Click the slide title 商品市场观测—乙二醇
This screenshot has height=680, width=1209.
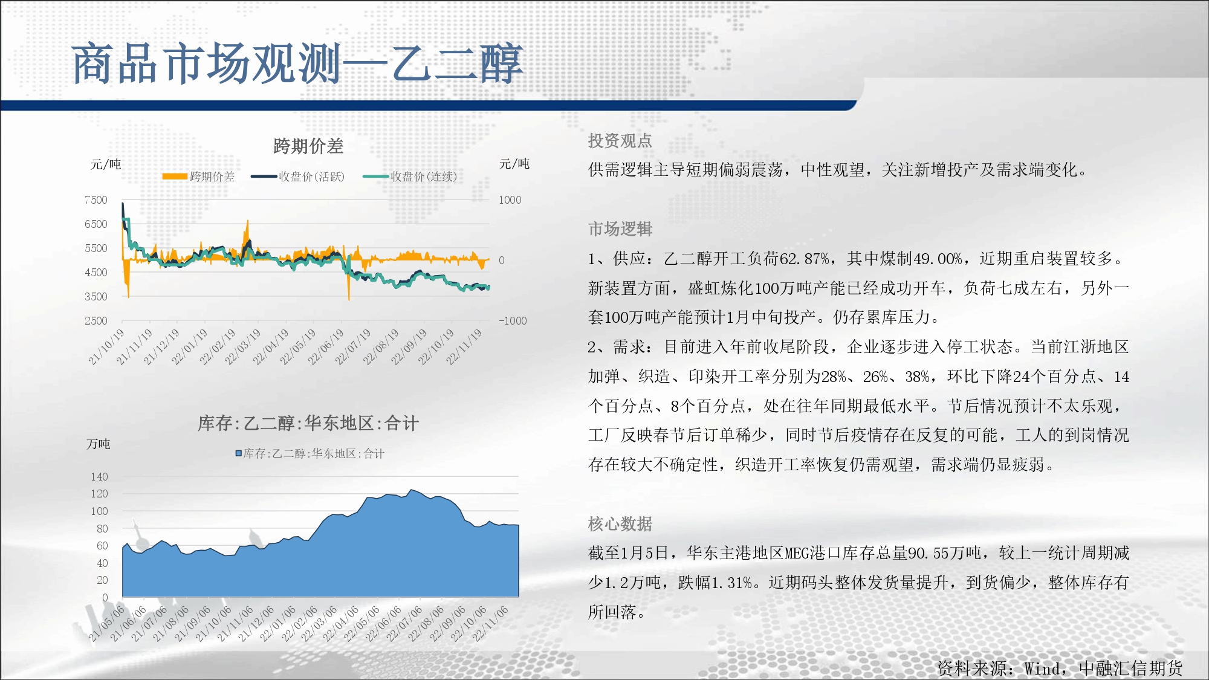[x=297, y=63]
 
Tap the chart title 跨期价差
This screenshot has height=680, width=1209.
[x=308, y=146]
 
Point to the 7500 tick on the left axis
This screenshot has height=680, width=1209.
[x=96, y=200]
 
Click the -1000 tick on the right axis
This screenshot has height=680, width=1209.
[x=513, y=321]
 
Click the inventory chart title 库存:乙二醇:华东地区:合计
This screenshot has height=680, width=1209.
[x=308, y=423]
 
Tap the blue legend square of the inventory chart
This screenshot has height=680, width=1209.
[x=239, y=453]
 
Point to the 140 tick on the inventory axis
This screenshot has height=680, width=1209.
[x=99, y=477]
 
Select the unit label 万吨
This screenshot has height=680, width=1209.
[x=99, y=444]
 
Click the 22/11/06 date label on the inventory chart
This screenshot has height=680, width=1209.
[x=490, y=624]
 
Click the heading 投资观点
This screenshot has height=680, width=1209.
[x=620, y=141]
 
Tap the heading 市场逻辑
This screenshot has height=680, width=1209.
[x=620, y=229]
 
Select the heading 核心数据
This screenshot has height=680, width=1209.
[x=620, y=524]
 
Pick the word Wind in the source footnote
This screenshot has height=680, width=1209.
[x=1042, y=669]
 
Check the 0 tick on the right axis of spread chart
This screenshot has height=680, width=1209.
[x=502, y=261]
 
